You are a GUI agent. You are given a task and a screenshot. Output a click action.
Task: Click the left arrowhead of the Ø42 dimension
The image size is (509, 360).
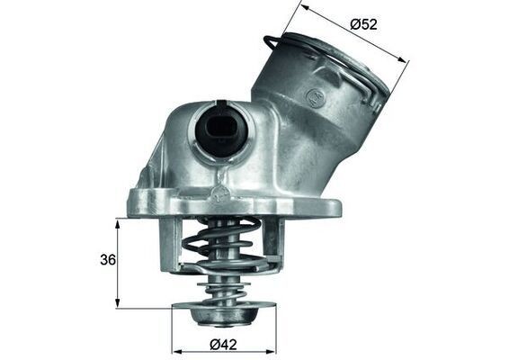click(175, 350)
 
